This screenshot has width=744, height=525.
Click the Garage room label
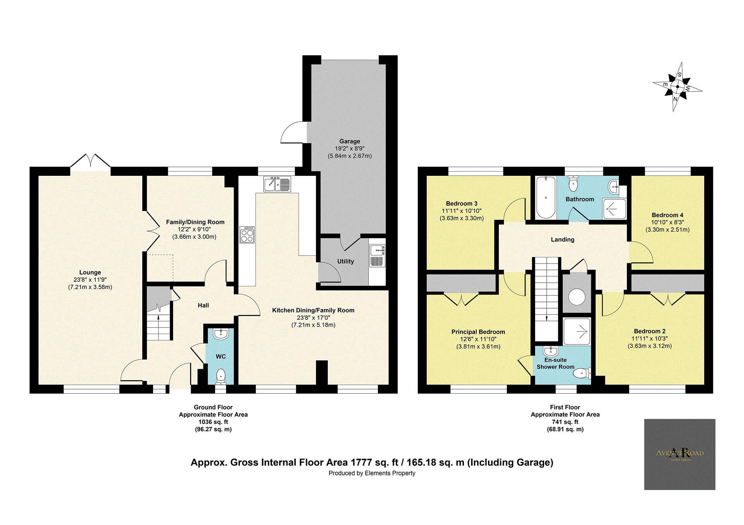[x=350, y=141]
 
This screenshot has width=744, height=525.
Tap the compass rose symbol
[x=677, y=87]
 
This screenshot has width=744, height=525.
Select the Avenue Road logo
[x=680, y=454]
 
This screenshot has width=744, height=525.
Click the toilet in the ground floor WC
[x=220, y=376]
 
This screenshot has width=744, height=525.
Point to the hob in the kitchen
[x=247, y=235]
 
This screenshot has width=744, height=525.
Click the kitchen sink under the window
[x=277, y=184]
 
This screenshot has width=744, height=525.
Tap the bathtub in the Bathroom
[x=546, y=197]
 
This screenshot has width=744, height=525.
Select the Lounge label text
[x=90, y=272]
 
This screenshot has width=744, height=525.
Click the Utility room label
[x=345, y=261]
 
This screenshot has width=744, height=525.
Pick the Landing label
[x=563, y=240]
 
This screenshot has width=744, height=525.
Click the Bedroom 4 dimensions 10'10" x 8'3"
[x=667, y=222]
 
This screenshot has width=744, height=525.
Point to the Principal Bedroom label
[x=478, y=332]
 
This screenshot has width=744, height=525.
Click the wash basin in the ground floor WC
[x=220, y=334]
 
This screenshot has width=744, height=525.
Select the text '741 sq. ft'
[x=565, y=422]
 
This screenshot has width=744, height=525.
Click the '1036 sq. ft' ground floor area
[x=213, y=422]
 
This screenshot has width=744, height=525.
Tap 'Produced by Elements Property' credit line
[x=372, y=473]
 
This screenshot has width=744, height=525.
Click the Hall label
[x=203, y=305]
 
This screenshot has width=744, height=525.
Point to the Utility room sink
[x=377, y=250]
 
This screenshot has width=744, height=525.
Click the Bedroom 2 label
[x=649, y=331]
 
